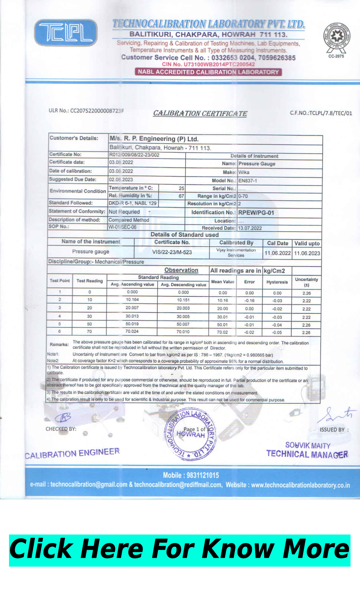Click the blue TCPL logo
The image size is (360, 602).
pos(66,33)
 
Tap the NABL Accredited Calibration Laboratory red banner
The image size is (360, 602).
pos(208,72)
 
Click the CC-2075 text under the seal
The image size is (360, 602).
pos(336,56)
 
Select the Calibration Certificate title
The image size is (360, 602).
pos(200,113)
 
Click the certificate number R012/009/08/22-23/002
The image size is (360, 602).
pos(134,155)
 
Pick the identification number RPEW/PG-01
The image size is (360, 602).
pos(256,212)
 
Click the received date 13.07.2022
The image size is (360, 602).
pos(250,228)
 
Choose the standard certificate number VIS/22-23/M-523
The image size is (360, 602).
pos(172,252)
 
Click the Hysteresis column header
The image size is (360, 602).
pos(277,282)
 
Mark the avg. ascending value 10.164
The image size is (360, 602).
pos(132,300)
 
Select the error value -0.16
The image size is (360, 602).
pos(249,301)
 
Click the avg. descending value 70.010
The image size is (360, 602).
pos(183,332)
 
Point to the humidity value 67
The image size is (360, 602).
pos(181,196)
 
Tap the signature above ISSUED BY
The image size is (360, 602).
pos(337,415)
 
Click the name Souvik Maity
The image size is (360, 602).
pos(308,445)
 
